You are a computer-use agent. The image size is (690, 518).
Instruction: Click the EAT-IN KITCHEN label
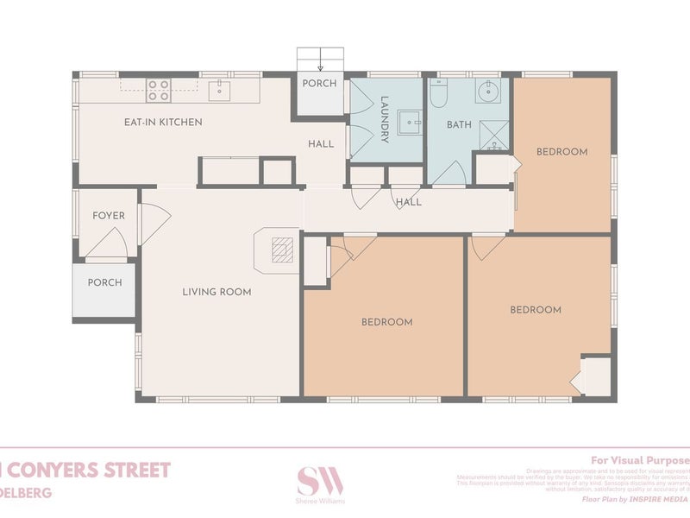click(163, 123)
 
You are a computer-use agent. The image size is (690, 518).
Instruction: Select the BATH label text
click(459, 125)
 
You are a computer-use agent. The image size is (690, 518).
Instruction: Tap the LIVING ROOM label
click(216, 292)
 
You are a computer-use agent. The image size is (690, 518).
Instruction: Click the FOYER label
click(109, 216)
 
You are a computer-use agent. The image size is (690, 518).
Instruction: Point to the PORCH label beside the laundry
click(318, 84)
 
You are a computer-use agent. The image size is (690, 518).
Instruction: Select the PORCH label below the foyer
click(105, 282)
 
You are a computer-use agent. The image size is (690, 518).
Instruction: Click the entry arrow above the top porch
click(320, 61)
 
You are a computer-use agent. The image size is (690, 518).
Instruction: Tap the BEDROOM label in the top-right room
click(561, 152)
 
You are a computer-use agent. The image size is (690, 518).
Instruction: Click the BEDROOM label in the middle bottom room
click(386, 322)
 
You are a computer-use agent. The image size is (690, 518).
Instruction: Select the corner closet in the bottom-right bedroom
click(595, 376)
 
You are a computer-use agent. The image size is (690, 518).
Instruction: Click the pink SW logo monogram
click(320, 481)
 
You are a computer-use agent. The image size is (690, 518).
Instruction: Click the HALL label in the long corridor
click(408, 202)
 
